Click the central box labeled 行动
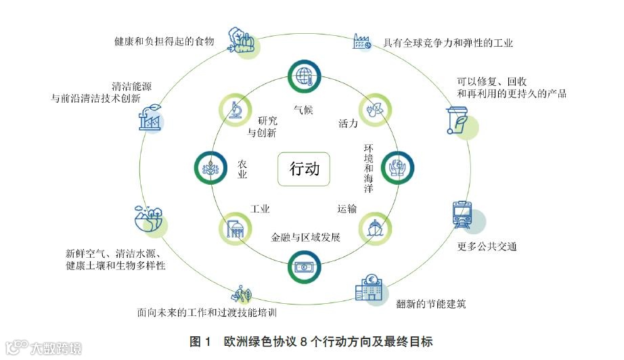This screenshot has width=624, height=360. (304, 168)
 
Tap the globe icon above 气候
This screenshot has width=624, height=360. (303, 76)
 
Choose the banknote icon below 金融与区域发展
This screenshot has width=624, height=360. (304, 266)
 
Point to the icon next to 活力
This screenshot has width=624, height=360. (374, 110)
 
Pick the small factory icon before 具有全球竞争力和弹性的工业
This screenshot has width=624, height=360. (361, 43)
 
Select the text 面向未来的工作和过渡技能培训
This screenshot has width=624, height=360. (206, 313)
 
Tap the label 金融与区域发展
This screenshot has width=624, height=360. (305, 238)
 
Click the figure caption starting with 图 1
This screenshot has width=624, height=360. (311, 342)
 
